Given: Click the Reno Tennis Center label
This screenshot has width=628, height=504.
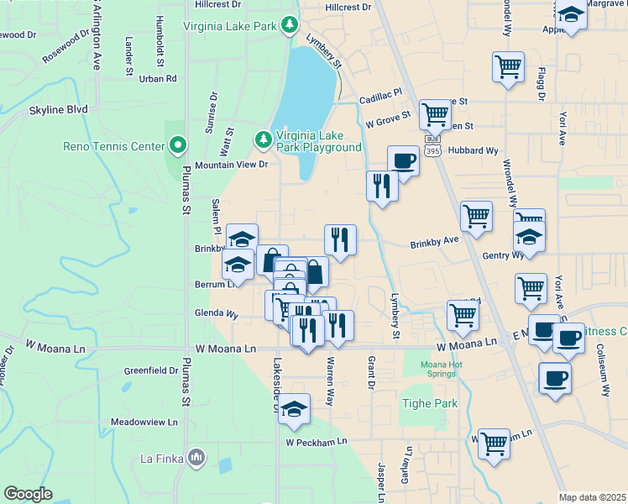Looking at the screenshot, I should (x=114, y=146).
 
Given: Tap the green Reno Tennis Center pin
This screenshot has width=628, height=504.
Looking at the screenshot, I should (x=177, y=146).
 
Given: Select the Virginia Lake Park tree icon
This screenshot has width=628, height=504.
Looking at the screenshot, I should (x=290, y=26).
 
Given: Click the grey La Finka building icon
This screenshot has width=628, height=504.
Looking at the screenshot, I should (x=196, y=458).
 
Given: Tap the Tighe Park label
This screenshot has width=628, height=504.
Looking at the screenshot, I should (x=434, y=403).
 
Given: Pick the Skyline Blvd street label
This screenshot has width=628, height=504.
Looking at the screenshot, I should (x=59, y=109).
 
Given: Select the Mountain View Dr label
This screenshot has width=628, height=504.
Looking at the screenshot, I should (x=231, y=165).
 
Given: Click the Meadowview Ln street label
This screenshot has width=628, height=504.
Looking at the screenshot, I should (x=144, y=422).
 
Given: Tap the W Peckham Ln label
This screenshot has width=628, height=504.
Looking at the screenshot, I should (x=316, y=442).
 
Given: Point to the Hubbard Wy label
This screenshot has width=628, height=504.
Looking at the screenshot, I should (x=474, y=150).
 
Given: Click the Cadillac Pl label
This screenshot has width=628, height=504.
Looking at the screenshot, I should (x=380, y=97).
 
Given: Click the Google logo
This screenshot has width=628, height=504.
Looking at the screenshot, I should (x=28, y=494).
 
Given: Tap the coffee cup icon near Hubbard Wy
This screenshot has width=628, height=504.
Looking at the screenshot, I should (x=403, y=160).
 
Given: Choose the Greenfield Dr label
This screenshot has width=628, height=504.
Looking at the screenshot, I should (x=151, y=370).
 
